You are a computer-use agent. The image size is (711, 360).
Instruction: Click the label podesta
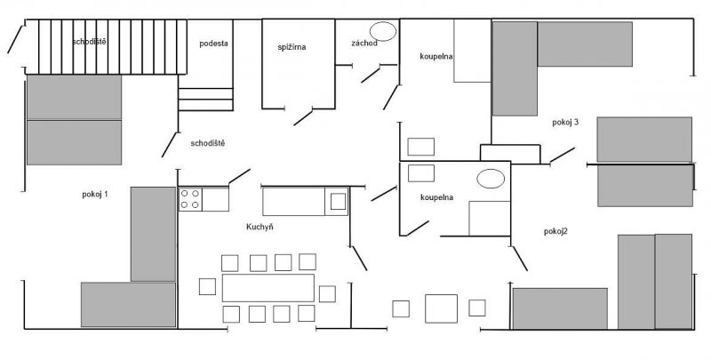[213, 44]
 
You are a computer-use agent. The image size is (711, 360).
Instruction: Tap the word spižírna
[292, 47]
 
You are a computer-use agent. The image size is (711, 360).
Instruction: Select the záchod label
[364, 44]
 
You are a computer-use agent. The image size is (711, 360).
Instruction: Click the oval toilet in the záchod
[383, 31]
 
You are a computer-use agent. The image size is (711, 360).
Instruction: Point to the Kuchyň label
[260, 227]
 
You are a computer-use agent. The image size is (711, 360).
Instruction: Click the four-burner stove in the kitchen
[190, 199]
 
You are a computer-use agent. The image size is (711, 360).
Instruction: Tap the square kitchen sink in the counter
[338, 201]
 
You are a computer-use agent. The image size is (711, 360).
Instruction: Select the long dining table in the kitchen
[268, 287]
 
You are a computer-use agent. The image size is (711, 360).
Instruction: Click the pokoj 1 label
[95, 194]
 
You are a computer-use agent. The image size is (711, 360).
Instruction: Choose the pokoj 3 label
[565, 123]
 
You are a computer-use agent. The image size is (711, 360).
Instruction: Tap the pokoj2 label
[555, 231]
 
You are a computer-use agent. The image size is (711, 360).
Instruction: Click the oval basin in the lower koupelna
[491, 178]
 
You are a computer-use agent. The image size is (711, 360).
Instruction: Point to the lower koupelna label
[436, 197]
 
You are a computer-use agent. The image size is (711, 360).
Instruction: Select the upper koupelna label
[436, 56]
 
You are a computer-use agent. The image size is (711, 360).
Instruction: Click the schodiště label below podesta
[208, 143]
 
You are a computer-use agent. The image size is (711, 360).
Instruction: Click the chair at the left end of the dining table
[207, 286]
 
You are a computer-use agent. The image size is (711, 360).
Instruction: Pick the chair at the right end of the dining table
[327, 294]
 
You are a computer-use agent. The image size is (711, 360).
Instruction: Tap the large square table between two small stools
[441, 308]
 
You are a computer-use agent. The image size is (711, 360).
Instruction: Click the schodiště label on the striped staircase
[90, 42]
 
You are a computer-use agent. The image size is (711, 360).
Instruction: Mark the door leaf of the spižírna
[303, 117]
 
